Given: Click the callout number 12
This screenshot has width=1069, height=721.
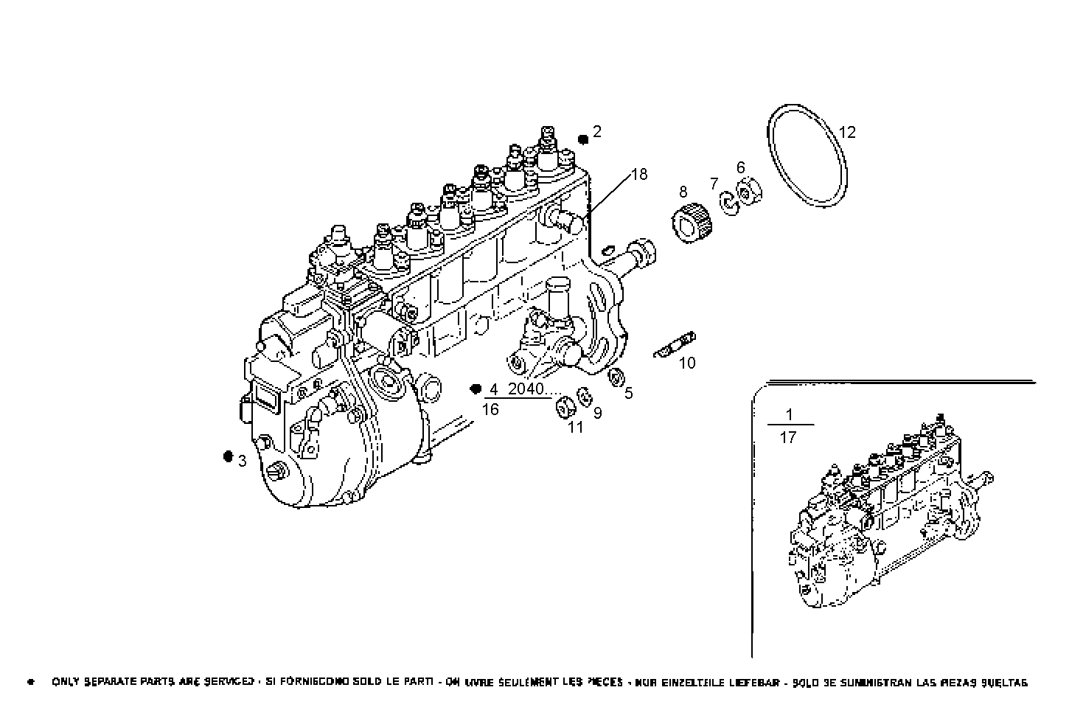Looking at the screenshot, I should click(x=847, y=133).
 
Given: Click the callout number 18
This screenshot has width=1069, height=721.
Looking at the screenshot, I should click(x=639, y=175).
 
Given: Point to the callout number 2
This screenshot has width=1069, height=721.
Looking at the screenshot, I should click(x=597, y=132).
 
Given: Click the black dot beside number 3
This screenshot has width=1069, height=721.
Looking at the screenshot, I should click(x=228, y=456).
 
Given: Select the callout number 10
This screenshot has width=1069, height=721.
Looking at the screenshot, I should click(x=687, y=363).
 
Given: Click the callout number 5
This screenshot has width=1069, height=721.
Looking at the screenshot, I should click(x=629, y=394).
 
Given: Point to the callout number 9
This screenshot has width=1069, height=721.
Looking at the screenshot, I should click(x=597, y=413).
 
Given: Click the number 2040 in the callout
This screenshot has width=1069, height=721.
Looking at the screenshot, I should click(x=526, y=389).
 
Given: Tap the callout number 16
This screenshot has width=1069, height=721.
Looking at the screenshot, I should click(x=490, y=410).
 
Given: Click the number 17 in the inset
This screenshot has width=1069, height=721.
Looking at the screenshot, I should click(x=788, y=438).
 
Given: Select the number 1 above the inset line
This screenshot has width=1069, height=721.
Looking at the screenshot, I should click(x=789, y=414).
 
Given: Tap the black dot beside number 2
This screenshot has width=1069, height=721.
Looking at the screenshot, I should click(x=582, y=139).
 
